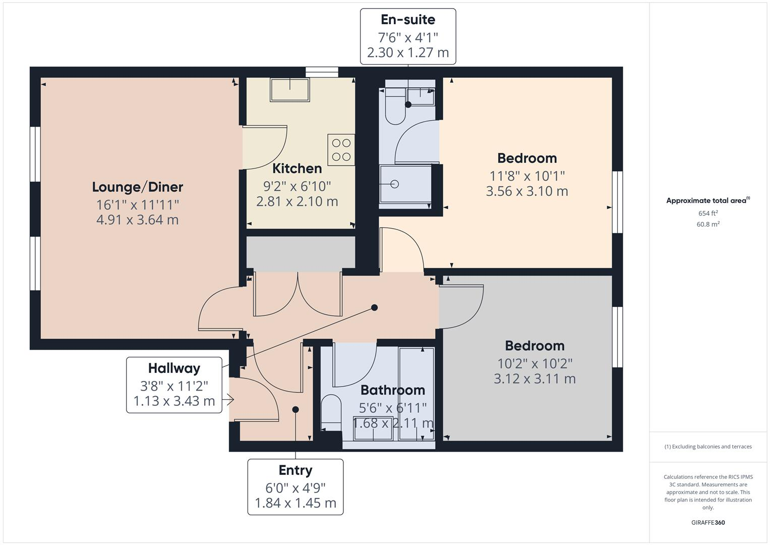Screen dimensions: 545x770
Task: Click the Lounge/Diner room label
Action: click(137, 187)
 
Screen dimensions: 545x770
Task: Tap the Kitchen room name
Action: click(297, 169)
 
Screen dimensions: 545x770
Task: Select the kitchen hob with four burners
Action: click(341, 150)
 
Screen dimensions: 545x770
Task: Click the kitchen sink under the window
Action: click(290, 90)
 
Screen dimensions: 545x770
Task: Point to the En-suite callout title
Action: click(408, 20)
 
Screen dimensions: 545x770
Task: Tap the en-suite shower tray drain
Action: click(395, 184)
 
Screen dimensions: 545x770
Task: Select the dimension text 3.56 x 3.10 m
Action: click(527, 191)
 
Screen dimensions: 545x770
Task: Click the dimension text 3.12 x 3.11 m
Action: click(535, 378)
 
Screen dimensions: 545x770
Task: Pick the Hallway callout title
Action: click(174, 368)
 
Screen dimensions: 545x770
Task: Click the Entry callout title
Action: click(295, 470)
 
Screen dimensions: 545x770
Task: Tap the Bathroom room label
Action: click(392, 390)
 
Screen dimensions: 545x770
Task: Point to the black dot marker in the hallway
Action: click(375, 307)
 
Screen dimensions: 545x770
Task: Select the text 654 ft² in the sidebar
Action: click(708, 213)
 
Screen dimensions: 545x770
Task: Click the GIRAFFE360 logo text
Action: click(708, 523)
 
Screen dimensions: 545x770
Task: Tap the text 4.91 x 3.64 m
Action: click(137, 220)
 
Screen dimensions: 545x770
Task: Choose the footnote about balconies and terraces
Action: click(708, 447)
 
